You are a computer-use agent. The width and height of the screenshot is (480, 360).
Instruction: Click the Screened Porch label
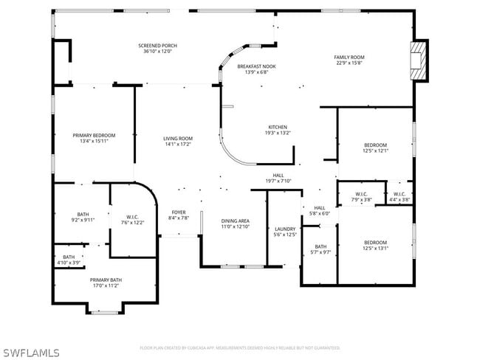pos(157,46)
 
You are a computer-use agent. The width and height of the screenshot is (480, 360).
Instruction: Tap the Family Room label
pos(349,57)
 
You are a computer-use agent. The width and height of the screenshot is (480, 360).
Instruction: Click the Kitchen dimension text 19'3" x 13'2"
pos(278,134)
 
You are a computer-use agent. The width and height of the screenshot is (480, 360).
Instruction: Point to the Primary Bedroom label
pos(94,135)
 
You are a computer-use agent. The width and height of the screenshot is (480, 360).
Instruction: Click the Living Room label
pos(178,139)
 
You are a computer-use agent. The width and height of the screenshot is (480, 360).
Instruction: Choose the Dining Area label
pos(236,221)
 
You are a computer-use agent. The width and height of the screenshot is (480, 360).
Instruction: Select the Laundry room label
pos(285,229)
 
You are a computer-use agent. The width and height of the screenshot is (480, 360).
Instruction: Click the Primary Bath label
pos(106,280)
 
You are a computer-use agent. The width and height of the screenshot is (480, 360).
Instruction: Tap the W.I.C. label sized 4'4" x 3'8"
pos(400,194)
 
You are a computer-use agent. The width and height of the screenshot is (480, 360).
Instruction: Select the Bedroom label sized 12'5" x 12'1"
pos(375,145)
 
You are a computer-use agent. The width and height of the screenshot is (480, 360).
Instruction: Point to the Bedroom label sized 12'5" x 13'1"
pos(375,242)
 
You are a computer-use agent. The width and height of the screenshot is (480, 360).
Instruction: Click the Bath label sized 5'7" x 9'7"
pos(320,246)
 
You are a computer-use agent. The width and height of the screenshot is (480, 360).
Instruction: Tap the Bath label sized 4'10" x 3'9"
pos(69,257)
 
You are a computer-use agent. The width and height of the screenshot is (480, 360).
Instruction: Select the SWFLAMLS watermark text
pos(31,352)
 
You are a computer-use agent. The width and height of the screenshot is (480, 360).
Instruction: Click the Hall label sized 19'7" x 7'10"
pos(278,176)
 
